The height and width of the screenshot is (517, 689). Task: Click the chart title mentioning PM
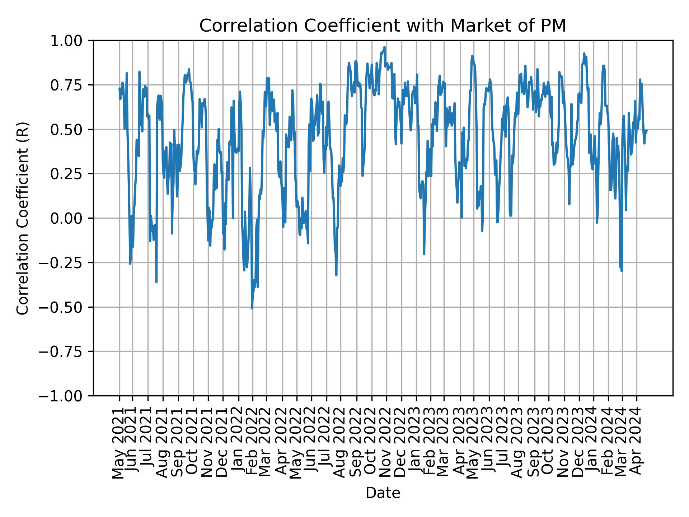click(x=383, y=26)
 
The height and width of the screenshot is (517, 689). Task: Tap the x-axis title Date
click(x=383, y=493)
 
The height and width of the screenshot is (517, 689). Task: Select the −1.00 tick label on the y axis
click(x=66, y=396)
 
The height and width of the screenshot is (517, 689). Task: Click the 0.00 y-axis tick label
click(x=71, y=218)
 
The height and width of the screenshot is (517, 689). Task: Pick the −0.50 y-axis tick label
click(x=66, y=307)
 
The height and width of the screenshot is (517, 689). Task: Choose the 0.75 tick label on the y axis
click(x=71, y=85)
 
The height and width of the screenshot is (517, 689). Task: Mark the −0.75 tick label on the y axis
click(x=66, y=351)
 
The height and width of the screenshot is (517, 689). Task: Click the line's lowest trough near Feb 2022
click(x=252, y=308)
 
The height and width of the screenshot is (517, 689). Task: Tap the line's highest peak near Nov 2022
click(x=384, y=47)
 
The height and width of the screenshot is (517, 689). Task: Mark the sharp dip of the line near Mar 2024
click(x=621, y=271)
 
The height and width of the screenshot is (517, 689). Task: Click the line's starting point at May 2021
click(x=119, y=88)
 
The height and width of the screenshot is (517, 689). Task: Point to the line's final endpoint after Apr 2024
click(x=646, y=131)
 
